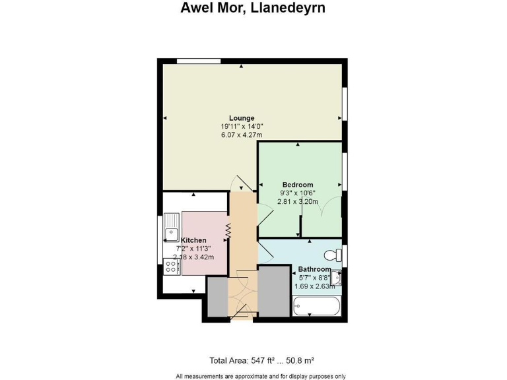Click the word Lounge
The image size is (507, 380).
tap(242, 118)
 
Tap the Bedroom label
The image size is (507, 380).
tap(298, 185)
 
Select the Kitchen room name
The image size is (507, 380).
tap(194, 240)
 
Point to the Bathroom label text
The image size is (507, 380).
tap(314, 269)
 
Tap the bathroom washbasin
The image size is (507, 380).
tap(336, 278)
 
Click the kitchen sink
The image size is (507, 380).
tap(172, 224)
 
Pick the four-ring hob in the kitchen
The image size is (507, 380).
tap(172, 266)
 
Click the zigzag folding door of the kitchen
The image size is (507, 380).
tap(228, 231)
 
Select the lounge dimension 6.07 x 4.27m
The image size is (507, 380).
tap(242, 135)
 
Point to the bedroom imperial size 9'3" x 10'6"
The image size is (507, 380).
tap(298, 193)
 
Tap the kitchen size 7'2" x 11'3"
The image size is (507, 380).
tap(194, 249)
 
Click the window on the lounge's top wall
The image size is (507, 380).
tap(199, 61)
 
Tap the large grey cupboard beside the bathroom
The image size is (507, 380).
tap(275, 291)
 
